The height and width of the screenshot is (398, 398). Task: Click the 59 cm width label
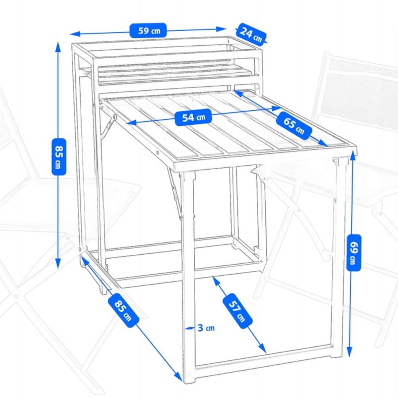[x=148, y=30]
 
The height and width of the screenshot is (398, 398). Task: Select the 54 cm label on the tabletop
[x=193, y=117]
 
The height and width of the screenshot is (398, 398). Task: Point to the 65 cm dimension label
[x=294, y=125]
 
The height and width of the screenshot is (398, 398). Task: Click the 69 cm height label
[x=354, y=253]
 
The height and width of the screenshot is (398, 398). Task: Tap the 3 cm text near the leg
[x=206, y=328]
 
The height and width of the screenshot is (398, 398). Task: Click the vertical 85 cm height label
[x=59, y=157]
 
